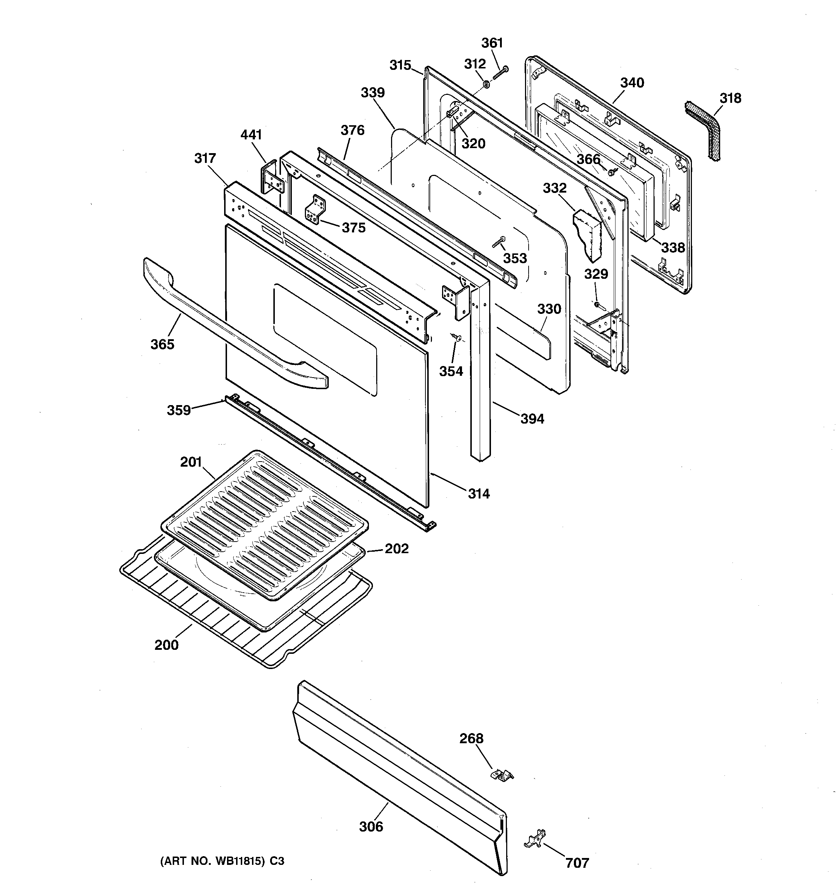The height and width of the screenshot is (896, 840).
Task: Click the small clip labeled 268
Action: point(501,774)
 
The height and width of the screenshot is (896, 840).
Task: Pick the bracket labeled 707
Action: point(536,838)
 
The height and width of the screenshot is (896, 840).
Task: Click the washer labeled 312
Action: point(486,84)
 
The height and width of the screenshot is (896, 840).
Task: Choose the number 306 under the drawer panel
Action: point(371,826)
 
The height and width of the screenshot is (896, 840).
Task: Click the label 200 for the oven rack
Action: point(167,645)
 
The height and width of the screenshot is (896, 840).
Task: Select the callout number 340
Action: point(632,83)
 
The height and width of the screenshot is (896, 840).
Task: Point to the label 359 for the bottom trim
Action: point(178,410)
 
